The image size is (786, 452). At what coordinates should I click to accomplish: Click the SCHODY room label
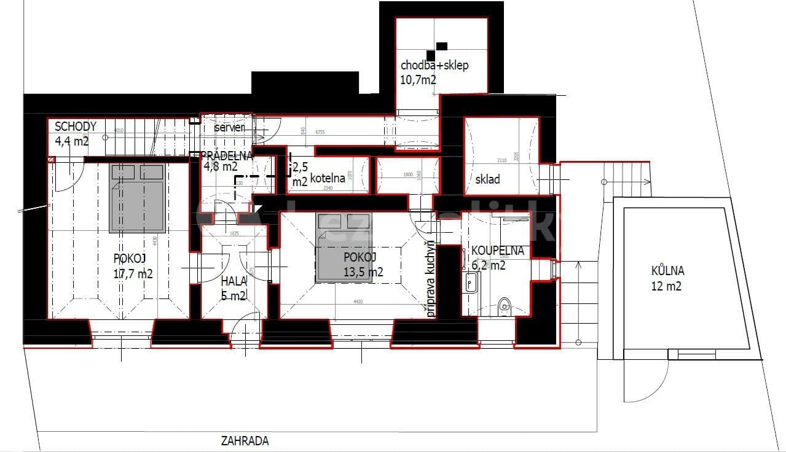pyautogui.click(x=76, y=127)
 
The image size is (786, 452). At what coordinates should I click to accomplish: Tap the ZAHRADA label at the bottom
pyautogui.click(x=245, y=440)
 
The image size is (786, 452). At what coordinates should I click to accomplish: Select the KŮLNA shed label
pyautogui.click(x=667, y=271)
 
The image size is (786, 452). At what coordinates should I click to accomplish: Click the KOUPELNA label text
pyautogui.click(x=497, y=251)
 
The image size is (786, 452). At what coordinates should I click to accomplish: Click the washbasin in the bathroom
pyautogui.click(x=471, y=282)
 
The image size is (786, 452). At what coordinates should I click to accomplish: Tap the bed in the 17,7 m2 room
pyautogui.click(x=137, y=198)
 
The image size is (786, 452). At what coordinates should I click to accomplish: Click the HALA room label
pyautogui.click(x=234, y=281)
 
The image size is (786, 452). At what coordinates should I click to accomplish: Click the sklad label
pyautogui.click(x=487, y=179)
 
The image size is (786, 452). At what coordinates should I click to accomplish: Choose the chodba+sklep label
pyautogui.click(x=434, y=65)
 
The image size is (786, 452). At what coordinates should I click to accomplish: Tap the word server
pyautogui.click(x=229, y=127)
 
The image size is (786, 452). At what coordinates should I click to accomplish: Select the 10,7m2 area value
pyautogui.click(x=419, y=79)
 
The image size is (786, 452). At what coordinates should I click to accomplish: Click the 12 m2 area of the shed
pyautogui.click(x=667, y=286)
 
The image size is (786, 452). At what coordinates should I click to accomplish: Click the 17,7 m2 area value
pyautogui.click(x=133, y=274)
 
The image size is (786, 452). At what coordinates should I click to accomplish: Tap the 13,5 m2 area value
pyautogui.click(x=363, y=272)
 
